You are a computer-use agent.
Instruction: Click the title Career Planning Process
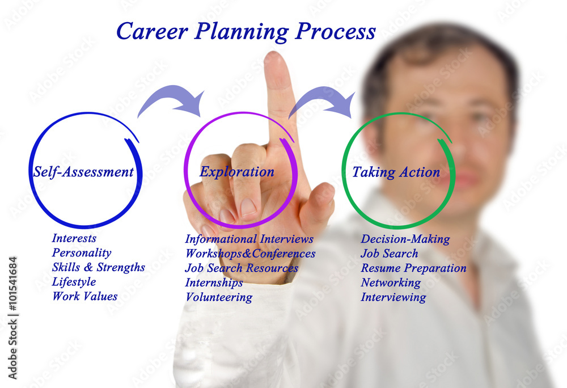pyautogui.click(x=246, y=31)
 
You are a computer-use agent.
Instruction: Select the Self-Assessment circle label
pyautogui.click(x=83, y=172)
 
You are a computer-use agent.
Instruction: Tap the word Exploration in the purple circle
pyautogui.click(x=236, y=171)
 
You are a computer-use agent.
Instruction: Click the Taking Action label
pyautogui.click(x=396, y=172)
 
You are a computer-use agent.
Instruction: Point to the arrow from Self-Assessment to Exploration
pyautogui.click(x=171, y=100)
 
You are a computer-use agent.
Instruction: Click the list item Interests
pyautogui.click(x=74, y=238)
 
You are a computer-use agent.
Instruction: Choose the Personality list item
pyautogui.click(x=81, y=253)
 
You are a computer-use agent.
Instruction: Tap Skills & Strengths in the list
pyautogui.click(x=98, y=267)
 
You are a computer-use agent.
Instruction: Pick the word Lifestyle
pyautogui.click(x=74, y=282)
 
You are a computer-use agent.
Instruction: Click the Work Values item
pyautogui.click(x=84, y=296)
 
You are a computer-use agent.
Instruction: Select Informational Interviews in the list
pyautogui.click(x=249, y=239)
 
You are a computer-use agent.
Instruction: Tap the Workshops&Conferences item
pyautogui.click(x=250, y=254)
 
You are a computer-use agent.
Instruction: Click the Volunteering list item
pyautogui.click(x=218, y=297)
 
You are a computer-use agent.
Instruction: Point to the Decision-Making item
pyautogui.click(x=405, y=239)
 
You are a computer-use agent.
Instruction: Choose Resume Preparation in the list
pyautogui.click(x=413, y=268)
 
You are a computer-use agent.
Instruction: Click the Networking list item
pyautogui.click(x=391, y=282)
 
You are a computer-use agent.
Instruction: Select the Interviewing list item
pyautogui.click(x=393, y=297)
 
